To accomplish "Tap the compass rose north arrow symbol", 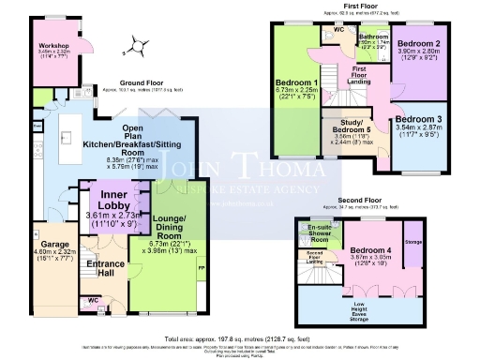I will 139,42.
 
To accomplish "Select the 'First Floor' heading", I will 361,6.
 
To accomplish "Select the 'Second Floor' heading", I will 361,200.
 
